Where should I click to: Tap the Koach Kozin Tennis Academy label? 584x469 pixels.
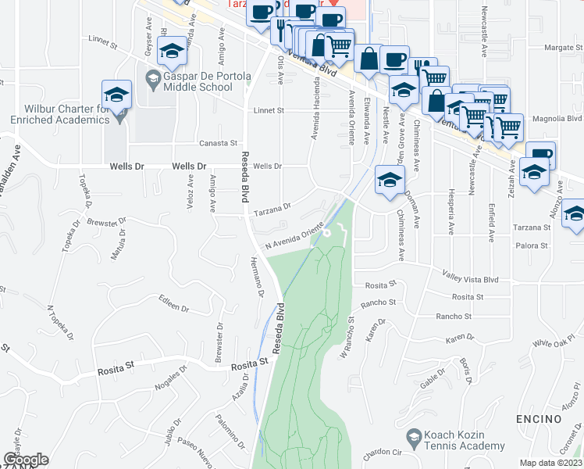coord(464,440)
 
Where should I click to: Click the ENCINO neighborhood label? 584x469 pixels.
coord(539,419)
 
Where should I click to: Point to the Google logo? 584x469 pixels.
coord(26,460)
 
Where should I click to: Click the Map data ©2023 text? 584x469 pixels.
coord(550,463)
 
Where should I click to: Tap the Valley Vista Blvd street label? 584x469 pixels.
coord(470,279)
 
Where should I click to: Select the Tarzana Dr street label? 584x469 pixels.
coord(272,209)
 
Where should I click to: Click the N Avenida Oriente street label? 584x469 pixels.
coord(294,237)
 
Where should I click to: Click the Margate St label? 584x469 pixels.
coord(558,48)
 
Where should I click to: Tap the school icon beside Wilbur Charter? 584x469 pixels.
coord(116,95)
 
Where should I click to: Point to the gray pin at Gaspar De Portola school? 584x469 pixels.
coord(153,78)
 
